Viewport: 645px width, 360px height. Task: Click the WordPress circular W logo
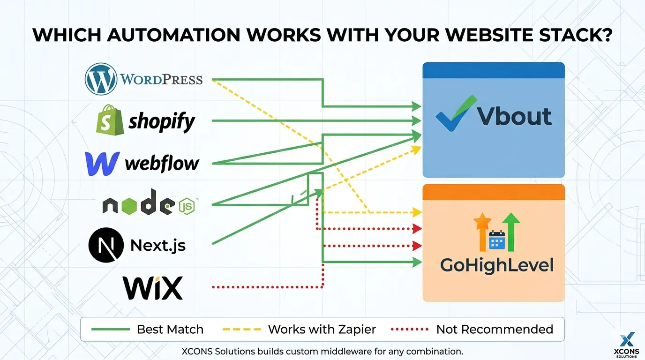click(101, 79)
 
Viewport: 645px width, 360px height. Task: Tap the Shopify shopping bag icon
click(110, 120)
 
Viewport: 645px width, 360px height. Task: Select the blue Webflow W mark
click(102, 164)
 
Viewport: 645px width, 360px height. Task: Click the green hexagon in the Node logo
click(129, 206)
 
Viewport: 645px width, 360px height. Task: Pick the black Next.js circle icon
click(106, 245)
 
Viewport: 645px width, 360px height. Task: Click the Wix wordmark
click(153, 288)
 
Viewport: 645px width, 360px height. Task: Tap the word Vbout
click(514, 116)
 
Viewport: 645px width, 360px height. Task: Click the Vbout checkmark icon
click(456, 113)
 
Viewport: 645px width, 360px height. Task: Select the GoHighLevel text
click(497, 265)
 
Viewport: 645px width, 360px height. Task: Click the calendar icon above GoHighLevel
click(497, 240)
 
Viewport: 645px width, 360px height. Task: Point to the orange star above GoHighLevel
click(482, 221)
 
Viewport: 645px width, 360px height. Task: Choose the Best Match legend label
click(170, 330)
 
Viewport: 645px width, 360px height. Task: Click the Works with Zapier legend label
click(322, 330)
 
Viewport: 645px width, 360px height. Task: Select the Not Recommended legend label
click(495, 330)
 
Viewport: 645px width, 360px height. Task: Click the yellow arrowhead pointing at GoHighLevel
click(417, 212)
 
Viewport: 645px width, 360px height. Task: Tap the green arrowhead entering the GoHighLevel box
click(417, 262)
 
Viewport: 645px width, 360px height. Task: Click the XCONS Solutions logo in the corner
click(627, 345)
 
